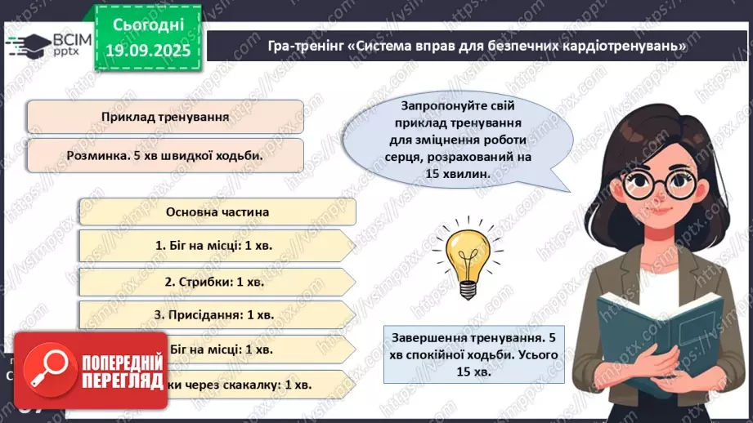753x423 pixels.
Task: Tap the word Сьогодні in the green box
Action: (147, 25)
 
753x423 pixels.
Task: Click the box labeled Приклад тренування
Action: (164, 117)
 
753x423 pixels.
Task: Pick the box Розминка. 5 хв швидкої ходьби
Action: (164, 154)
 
